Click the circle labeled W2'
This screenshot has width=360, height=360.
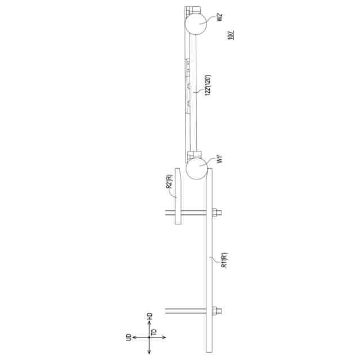click(196, 23)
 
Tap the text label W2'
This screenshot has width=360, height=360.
click(220, 17)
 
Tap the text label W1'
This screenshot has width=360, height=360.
click(220, 159)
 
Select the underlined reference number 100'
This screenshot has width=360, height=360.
click(231, 35)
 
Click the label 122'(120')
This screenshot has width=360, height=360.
click(208, 85)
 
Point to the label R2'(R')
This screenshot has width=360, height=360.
click(169, 181)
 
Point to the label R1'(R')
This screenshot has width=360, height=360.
click(224, 260)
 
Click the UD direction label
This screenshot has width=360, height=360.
click(129, 337)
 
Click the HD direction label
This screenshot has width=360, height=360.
click(150, 316)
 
